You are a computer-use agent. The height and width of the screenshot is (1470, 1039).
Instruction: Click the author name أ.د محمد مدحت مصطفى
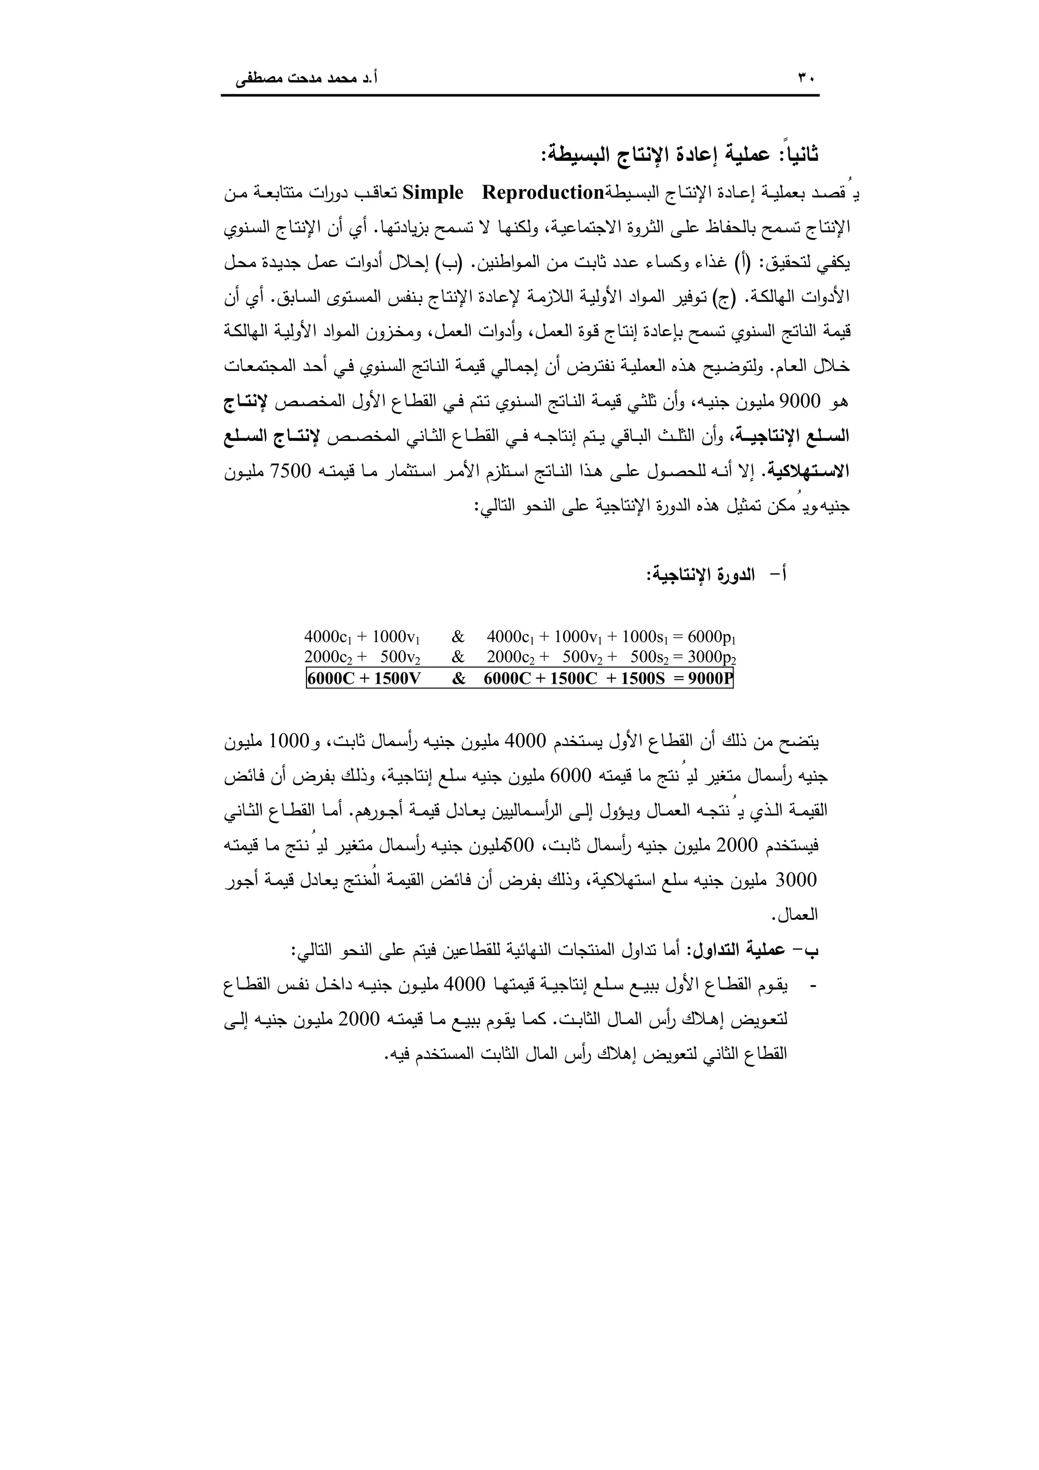click(x=306, y=80)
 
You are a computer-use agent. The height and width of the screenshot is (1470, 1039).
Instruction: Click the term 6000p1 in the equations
click(x=711, y=637)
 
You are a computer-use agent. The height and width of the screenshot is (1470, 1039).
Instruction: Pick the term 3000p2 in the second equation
click(x=711, y=657)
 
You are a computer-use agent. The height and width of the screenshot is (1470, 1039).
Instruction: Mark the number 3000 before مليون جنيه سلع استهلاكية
click(x=795, y=881)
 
